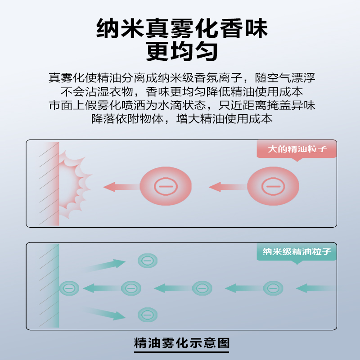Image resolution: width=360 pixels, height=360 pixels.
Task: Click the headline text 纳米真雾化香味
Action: coord(182,29)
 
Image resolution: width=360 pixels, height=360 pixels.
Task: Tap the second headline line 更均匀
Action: coord(182,51)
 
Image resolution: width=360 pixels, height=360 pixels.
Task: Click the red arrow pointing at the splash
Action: coord(120,186)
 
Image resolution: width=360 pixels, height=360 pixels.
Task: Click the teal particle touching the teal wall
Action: coord(68,288)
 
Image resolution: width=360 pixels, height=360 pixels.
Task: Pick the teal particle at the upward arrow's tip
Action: coord(147,260)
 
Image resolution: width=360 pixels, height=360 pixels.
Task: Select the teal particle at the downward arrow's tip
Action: coord(147,314)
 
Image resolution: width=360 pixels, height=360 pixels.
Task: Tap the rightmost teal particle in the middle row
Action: coord(273,288)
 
